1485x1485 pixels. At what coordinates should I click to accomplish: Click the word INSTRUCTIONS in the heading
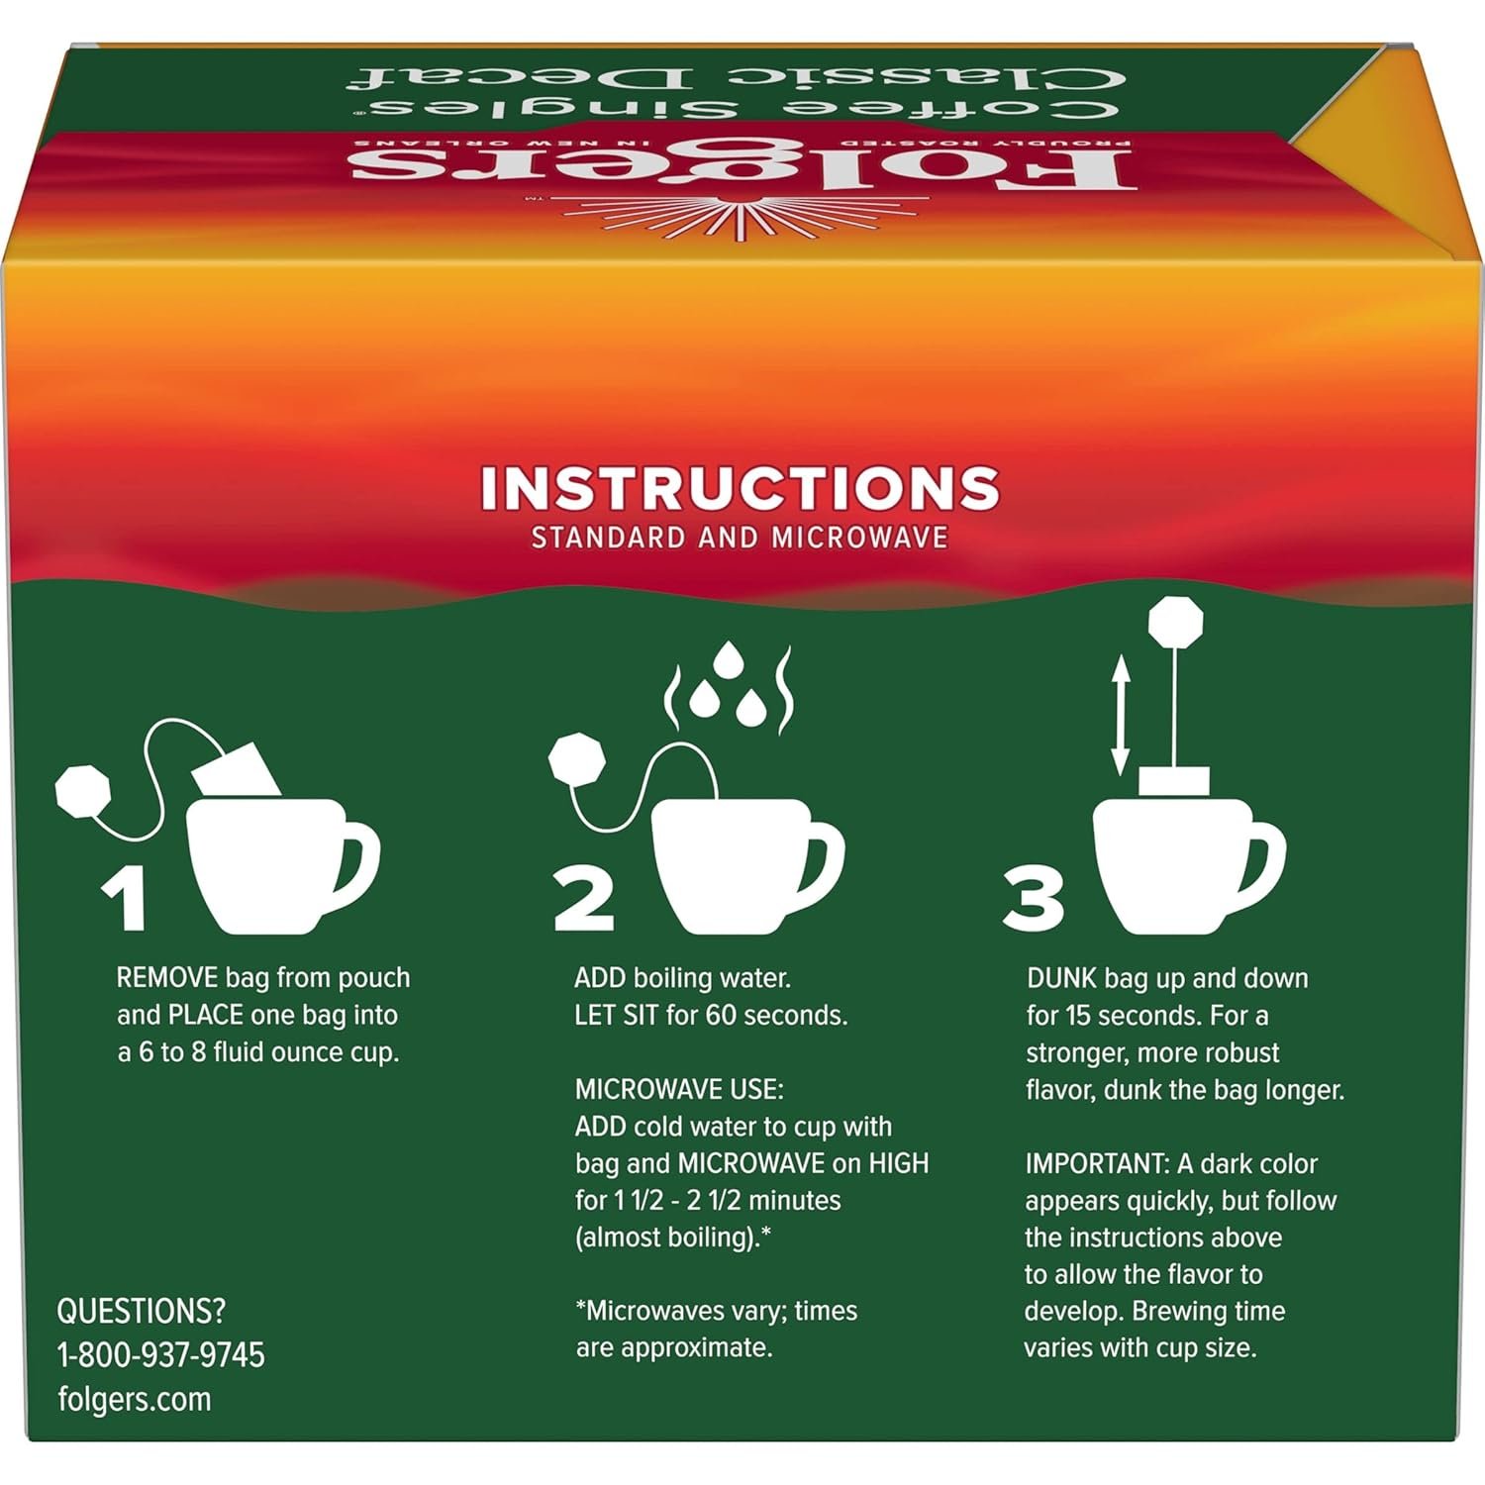[x=741, y=488]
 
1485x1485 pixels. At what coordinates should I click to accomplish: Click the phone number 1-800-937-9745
[x=161, y=1355]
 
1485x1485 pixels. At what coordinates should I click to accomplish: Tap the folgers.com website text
[x=135, y=1400]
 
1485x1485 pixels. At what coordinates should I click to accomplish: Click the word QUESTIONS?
[x=142, y=1312]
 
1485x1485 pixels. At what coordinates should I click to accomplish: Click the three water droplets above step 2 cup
[x=728, y=683]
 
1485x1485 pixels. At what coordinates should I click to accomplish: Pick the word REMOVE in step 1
[x=167, y=978]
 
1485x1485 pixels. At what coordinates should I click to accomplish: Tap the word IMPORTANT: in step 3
[x=1097, y=1164]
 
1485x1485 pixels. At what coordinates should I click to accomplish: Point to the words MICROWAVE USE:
[x=679, y=1090]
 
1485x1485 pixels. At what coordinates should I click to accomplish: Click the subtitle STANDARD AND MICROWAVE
[x=741, y=538]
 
